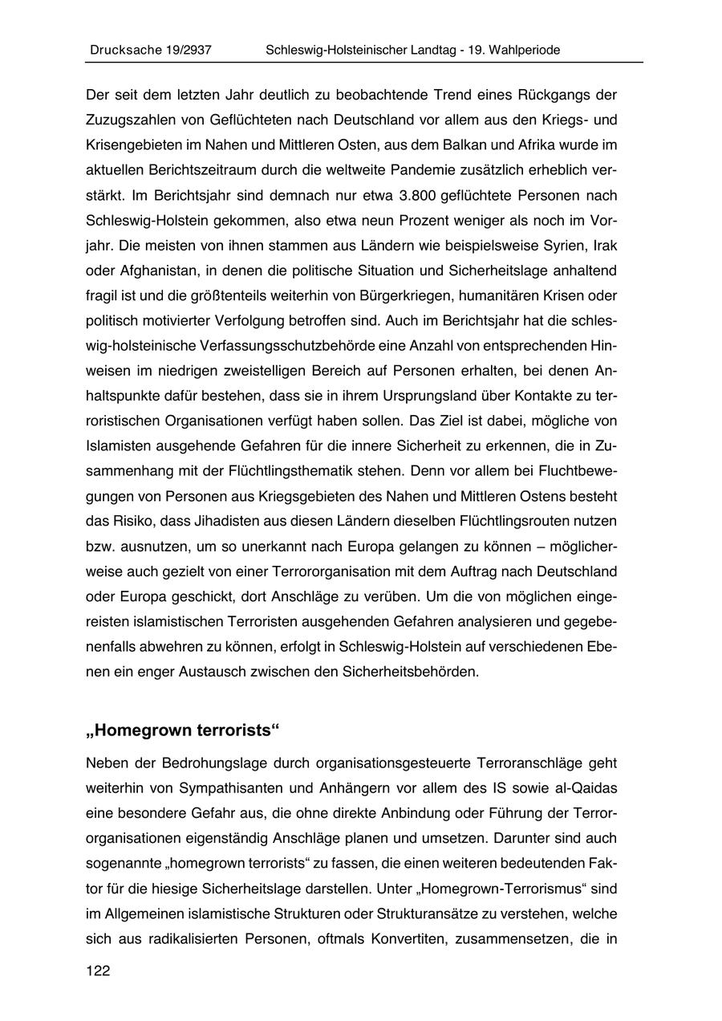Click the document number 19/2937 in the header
(184, 50)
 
